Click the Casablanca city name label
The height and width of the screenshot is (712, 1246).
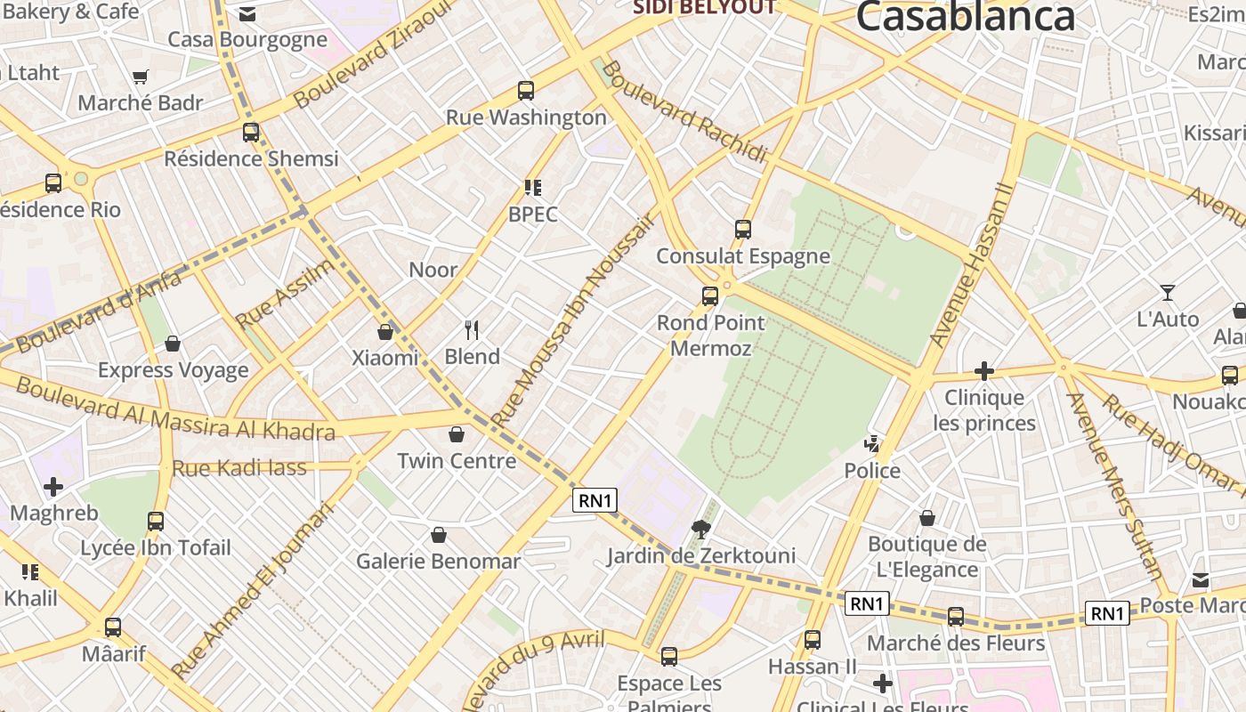(x=966, y=16)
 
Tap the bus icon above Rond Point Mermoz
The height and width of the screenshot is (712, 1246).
(x=710, y=295)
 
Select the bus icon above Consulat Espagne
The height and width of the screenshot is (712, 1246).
(x=743, y=229)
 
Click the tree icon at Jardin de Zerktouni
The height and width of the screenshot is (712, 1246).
(x=701, y=530)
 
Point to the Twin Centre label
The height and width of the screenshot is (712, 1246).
(x=457, y=461)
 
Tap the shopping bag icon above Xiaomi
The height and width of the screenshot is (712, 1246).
(x=385, y=332)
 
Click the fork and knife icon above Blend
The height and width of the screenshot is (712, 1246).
(x=472, y=330)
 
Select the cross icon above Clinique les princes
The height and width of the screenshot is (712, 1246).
(x=984, y=370)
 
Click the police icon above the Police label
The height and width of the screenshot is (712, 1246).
(x=872, y=443)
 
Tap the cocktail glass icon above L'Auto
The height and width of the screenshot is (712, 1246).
(x=1168, y=292)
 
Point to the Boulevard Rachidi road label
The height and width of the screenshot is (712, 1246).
(x=684, y=112)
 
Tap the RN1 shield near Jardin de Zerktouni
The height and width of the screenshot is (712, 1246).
(x=595, y=500)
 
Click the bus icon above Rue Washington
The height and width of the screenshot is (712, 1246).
(x=526, y=90)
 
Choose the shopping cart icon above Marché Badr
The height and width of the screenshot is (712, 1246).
(x=140, y=77)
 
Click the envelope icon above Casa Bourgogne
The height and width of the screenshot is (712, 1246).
(x=247, y=14)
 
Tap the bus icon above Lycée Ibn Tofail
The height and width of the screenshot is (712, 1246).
(x=156, y=521)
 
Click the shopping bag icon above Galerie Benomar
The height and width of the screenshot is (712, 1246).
(x=438, y=535)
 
